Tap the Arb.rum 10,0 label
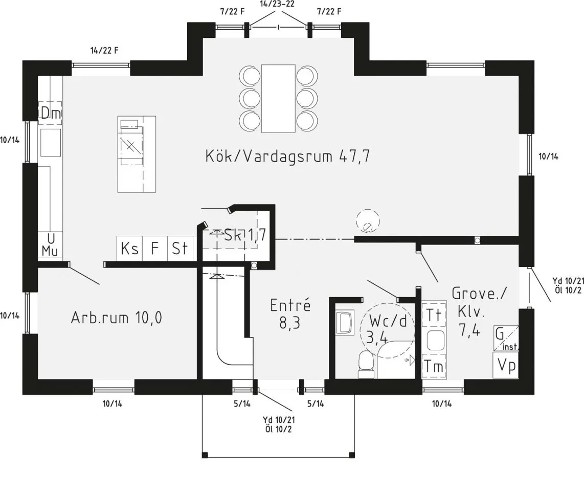point(116,318)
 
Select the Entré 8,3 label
point(290,314)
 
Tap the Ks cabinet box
point(129,249)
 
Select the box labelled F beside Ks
point(154,249)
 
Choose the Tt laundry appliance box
point(433,315)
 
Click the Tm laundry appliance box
point(433,366)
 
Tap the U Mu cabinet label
point(50,245)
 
